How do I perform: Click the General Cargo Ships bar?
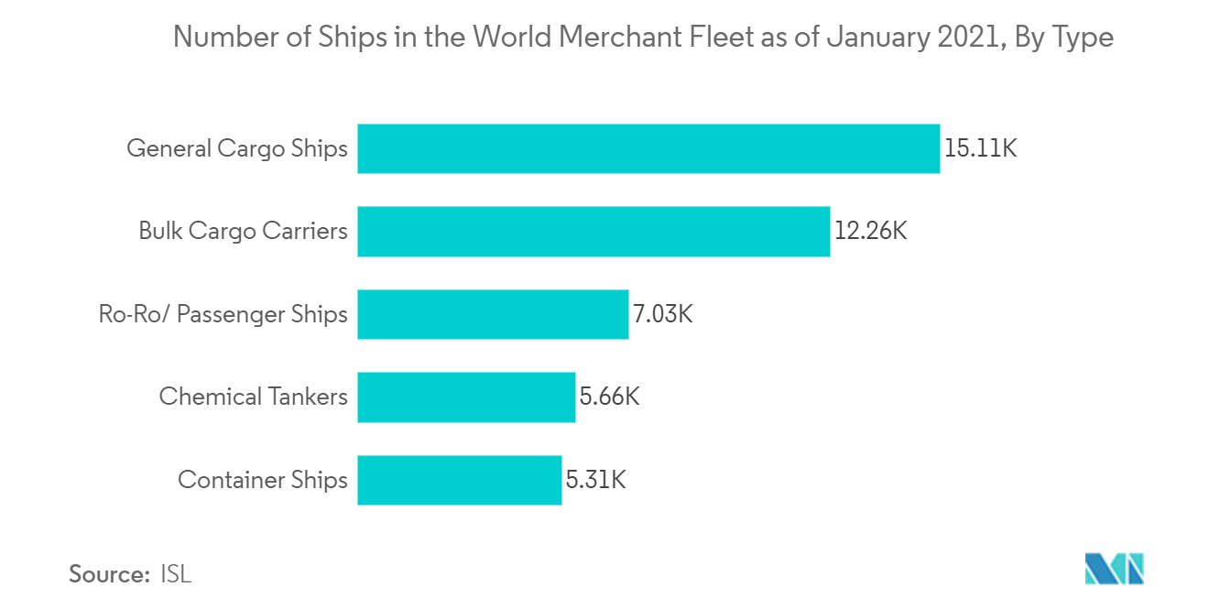click(648, 148)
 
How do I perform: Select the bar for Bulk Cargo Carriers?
click(594, 231)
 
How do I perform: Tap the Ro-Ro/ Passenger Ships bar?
click(493, 314)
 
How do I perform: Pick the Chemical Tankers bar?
click(466, 397)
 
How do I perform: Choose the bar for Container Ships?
click(459, 480)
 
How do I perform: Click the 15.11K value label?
click(980, 148)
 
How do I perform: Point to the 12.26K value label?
click(870, 231)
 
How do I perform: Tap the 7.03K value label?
click(663, 314)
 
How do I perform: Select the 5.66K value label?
click(609, 397)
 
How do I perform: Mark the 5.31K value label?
click(595, 480)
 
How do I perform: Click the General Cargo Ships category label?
click(237, 148)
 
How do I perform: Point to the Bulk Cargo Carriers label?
click(243, 231)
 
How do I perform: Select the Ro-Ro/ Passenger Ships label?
click(223, 314)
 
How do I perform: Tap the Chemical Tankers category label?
click(253, 397)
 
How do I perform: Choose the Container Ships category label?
click(263, 480)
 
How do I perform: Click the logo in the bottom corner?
click(1114, 570)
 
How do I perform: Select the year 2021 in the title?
click(970, 38)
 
